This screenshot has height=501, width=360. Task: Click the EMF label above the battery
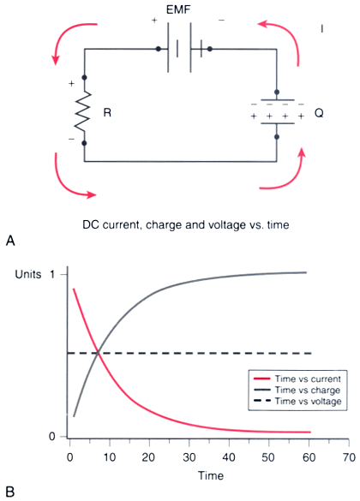pos(178,9)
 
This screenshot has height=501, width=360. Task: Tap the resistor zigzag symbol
pos(83,110)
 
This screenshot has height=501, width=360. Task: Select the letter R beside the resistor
pos(107,113)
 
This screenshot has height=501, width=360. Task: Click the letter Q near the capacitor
pos(319,113)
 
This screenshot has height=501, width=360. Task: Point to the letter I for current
pos(321,29)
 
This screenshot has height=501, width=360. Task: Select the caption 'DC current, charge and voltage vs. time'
pos(186,225)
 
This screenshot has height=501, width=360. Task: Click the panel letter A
pos(10,241)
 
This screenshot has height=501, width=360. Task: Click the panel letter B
pos(10,492)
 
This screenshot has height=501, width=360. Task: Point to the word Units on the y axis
pos(28,274)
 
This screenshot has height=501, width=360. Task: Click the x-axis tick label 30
pos(189,457)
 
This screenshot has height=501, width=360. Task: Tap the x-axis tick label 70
pos(349,457)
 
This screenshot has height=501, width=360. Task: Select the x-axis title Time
pos(211,475)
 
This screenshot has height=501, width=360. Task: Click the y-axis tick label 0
pos(51,437)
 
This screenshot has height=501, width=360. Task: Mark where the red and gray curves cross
pos(99,353)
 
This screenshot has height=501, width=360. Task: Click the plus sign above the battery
pos(154,21)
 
